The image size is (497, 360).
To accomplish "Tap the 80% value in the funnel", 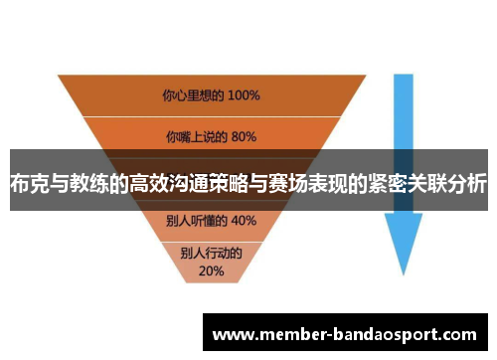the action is point(243,136).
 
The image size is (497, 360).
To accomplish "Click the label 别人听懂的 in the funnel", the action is point(199,220).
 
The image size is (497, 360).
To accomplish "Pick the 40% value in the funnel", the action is point(243,220).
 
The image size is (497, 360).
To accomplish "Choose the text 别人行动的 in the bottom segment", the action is point(211,254).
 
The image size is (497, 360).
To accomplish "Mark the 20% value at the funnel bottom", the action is point(211,270).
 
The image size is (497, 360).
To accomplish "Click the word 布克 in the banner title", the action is point(27,184).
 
